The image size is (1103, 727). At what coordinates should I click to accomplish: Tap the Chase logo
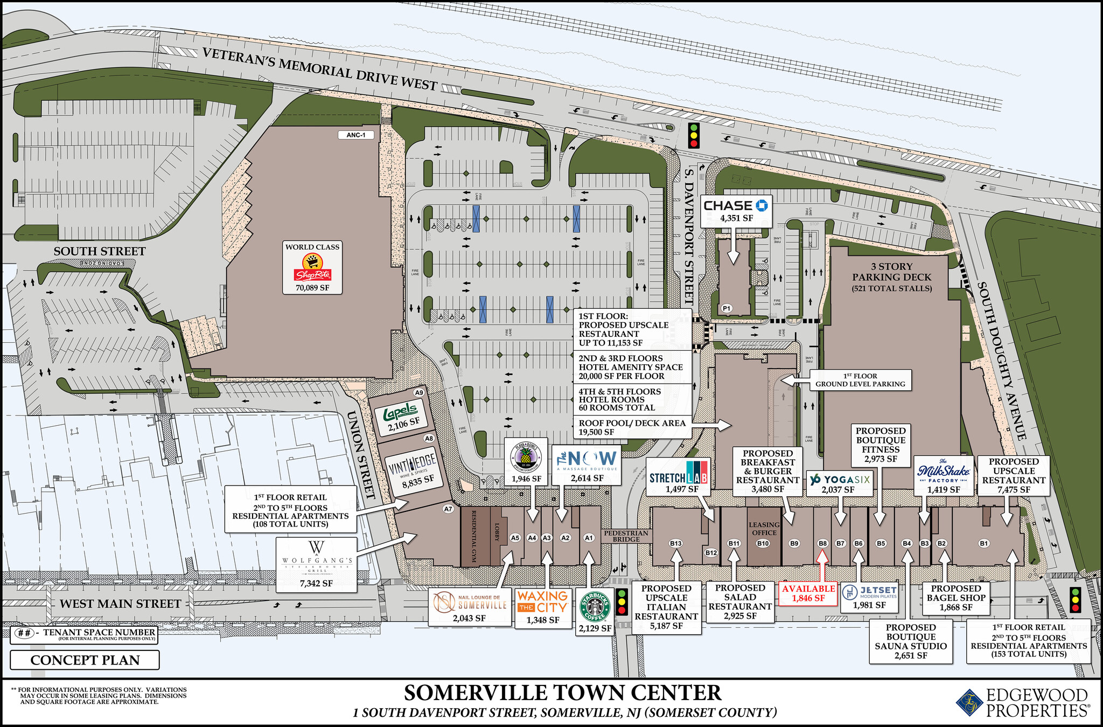736,205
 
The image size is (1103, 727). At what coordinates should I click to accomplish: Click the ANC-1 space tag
356,135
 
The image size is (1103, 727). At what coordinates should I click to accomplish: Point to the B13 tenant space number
675,543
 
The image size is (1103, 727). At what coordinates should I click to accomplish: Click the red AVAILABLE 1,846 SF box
808,593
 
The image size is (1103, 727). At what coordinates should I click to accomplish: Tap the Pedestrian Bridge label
626,536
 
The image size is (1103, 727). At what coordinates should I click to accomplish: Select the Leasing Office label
764,529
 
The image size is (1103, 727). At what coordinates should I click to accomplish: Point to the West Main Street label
120,604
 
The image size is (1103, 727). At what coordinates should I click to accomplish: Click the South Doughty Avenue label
1002,361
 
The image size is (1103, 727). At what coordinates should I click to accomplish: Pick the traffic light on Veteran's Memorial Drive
694,135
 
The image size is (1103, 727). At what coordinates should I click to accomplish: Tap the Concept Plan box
85,660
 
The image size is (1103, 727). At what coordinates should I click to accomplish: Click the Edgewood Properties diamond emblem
969,703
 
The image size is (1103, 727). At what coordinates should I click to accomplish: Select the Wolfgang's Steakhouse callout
316,563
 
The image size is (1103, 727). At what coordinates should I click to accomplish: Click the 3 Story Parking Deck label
892,277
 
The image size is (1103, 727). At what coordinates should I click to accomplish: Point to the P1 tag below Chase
727,308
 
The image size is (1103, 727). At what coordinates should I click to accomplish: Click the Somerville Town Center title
562,693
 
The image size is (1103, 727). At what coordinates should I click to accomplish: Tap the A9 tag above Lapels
419,392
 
